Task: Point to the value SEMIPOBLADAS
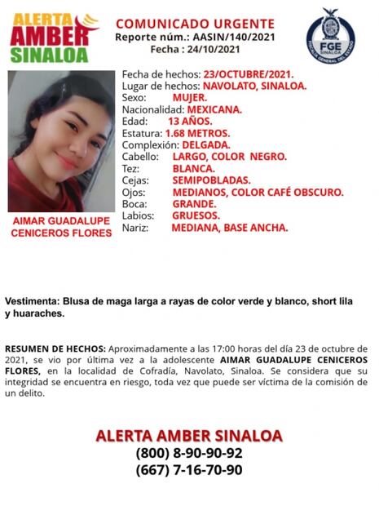tap(210, 180)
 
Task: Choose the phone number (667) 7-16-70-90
tap(188, 470)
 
